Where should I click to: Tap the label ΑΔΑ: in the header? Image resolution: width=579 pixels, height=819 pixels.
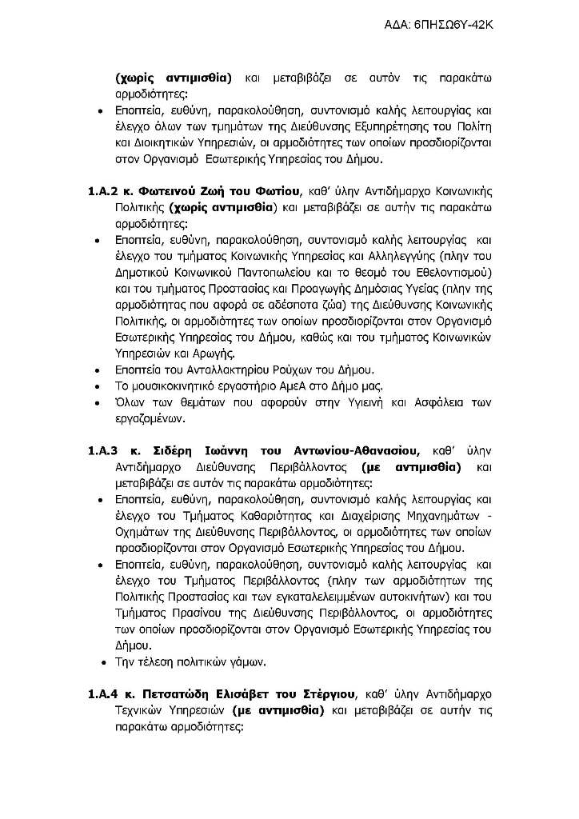coord(399,25)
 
